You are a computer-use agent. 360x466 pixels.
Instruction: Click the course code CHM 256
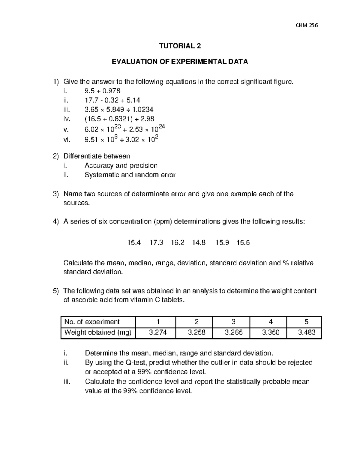pos(306,25)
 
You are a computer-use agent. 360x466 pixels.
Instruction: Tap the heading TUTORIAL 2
pos(180,46)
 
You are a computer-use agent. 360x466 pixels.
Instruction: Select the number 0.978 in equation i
pos(112,91)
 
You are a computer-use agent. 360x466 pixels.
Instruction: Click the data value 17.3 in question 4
pos(156,242)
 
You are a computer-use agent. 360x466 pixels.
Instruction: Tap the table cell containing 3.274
pos(156,332)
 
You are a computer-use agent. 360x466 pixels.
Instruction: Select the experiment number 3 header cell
pos(233,322)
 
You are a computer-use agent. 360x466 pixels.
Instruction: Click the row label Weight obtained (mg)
pos(98,332)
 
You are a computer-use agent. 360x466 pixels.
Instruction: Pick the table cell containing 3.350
pos(271,332)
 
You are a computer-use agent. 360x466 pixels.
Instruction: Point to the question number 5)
pos(56,291)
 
